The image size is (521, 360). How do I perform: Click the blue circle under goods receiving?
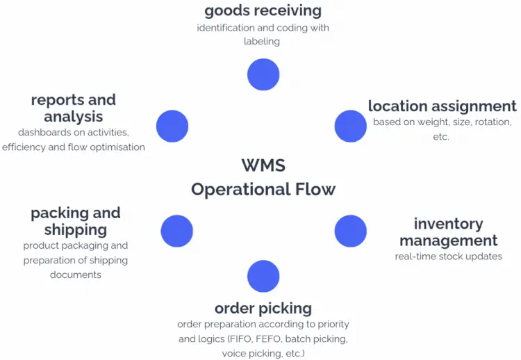(x=263, y=74)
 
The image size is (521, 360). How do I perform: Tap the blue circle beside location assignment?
(x=350, y=126)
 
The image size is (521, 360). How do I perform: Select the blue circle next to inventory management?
(x=350, y=231)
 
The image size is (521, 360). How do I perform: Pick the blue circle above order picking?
(x=263, y=276)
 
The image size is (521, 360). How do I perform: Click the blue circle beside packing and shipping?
(x=176, y=231)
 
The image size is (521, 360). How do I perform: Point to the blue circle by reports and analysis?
(x=172, y=126)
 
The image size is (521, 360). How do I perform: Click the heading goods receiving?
(x=263, y=11)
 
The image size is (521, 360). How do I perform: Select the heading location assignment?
(x=442, y=106)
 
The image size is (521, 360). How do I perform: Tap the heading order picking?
(x=263, y=308)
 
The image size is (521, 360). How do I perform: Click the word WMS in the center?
(x=263, y=165)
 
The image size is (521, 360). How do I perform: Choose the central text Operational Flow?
(x=263, y=189)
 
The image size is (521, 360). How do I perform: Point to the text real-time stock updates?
(x=448, y=256)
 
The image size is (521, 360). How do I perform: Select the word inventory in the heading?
(x=448, y=224)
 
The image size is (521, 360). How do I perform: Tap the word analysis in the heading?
(x=74, y=116)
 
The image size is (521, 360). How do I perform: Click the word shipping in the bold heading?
(x=75, y=229)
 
